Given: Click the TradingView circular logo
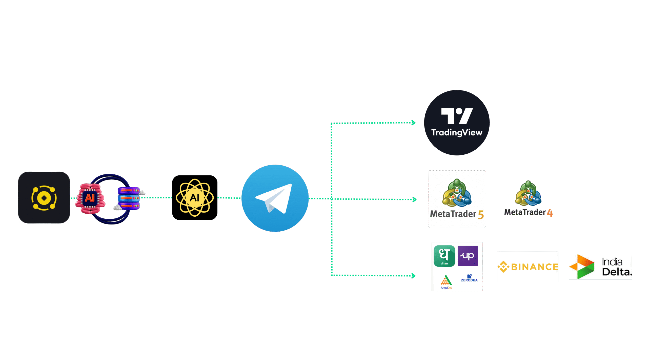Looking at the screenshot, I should tap(457, 123).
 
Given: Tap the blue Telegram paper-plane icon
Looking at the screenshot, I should tap(275, 198).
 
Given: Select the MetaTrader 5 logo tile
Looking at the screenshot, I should tap(457, 199).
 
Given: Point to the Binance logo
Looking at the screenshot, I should tap(528, 267).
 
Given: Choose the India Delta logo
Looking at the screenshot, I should tap(600, 267).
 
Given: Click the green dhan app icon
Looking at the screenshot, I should tap(444, 256).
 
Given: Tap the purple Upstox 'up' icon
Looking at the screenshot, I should tap(468, 256).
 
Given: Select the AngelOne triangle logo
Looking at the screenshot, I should tap(446, 281).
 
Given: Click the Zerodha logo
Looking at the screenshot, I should tap(469, 278).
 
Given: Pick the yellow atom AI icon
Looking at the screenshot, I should tap(195, 198).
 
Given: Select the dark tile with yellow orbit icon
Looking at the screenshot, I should tap(44, 198).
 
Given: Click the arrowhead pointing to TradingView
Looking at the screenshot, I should tap(413, 123).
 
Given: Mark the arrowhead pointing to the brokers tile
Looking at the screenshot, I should tap(413, 276).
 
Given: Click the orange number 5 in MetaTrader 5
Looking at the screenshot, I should tap(481, 215).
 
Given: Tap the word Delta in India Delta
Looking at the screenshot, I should tap(616, 272).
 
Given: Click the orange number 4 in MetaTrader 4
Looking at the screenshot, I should tap(550, 213).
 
